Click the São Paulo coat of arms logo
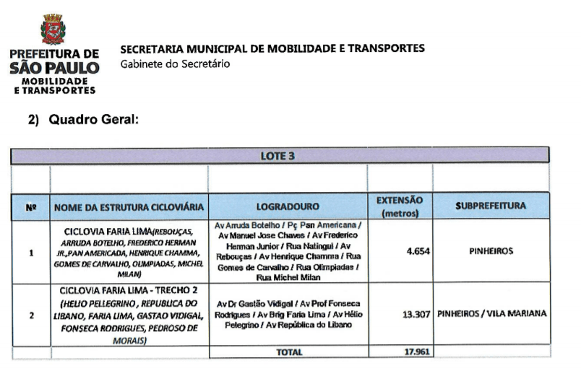(x=53, y=31)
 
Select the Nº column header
(x=30, y=206)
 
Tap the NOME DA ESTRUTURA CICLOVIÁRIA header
(x=129, y=207)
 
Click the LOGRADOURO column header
(x=288, y=207)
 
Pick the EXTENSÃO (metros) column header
(x=400, y=206)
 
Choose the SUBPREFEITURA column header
(x=491, y=206)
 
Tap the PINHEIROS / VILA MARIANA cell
(x=492, y=315)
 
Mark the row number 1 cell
(x=30, y=253)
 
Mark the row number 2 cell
(x=30, y=315)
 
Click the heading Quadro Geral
(x=93, y=121)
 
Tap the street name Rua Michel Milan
(x=288, y=277)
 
